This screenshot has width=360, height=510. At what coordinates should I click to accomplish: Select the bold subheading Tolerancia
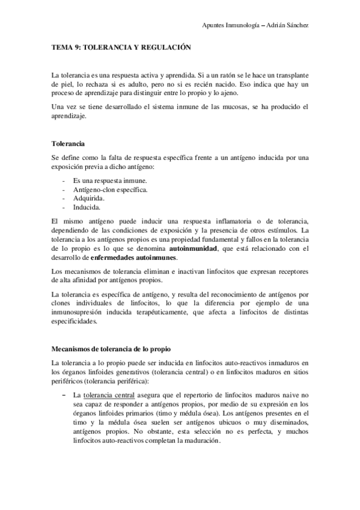[x=68, y=144]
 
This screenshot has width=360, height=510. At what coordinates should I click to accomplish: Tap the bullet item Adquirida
[x=89, y=198]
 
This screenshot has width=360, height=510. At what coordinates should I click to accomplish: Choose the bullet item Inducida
[x=87, y=206]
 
